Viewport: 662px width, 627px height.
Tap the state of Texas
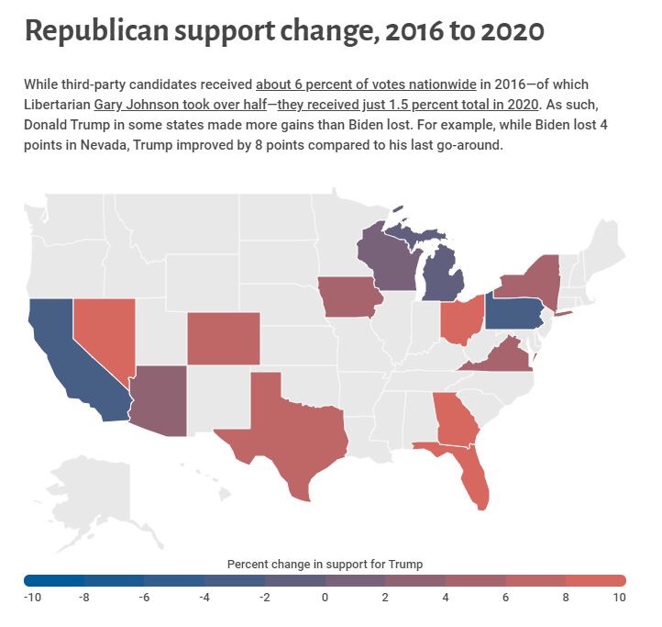tap(287, 427)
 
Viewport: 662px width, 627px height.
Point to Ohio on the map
tap(461, 319)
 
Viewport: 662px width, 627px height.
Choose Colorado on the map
tap(224, 338)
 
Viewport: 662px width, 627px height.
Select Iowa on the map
tap(349, 297)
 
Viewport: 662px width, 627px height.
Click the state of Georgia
tap(455, 419)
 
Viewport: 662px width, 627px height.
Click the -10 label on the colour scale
tap(32, 598)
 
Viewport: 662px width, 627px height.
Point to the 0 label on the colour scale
tap(325, 598)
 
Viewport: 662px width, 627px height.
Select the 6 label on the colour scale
tap(505, 598)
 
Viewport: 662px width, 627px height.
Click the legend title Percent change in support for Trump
tap(325, 564)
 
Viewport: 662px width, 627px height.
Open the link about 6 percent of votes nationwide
tap(366, 84)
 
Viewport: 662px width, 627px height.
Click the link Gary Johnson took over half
tap(181, 105)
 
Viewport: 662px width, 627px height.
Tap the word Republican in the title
tap(96, 30)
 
